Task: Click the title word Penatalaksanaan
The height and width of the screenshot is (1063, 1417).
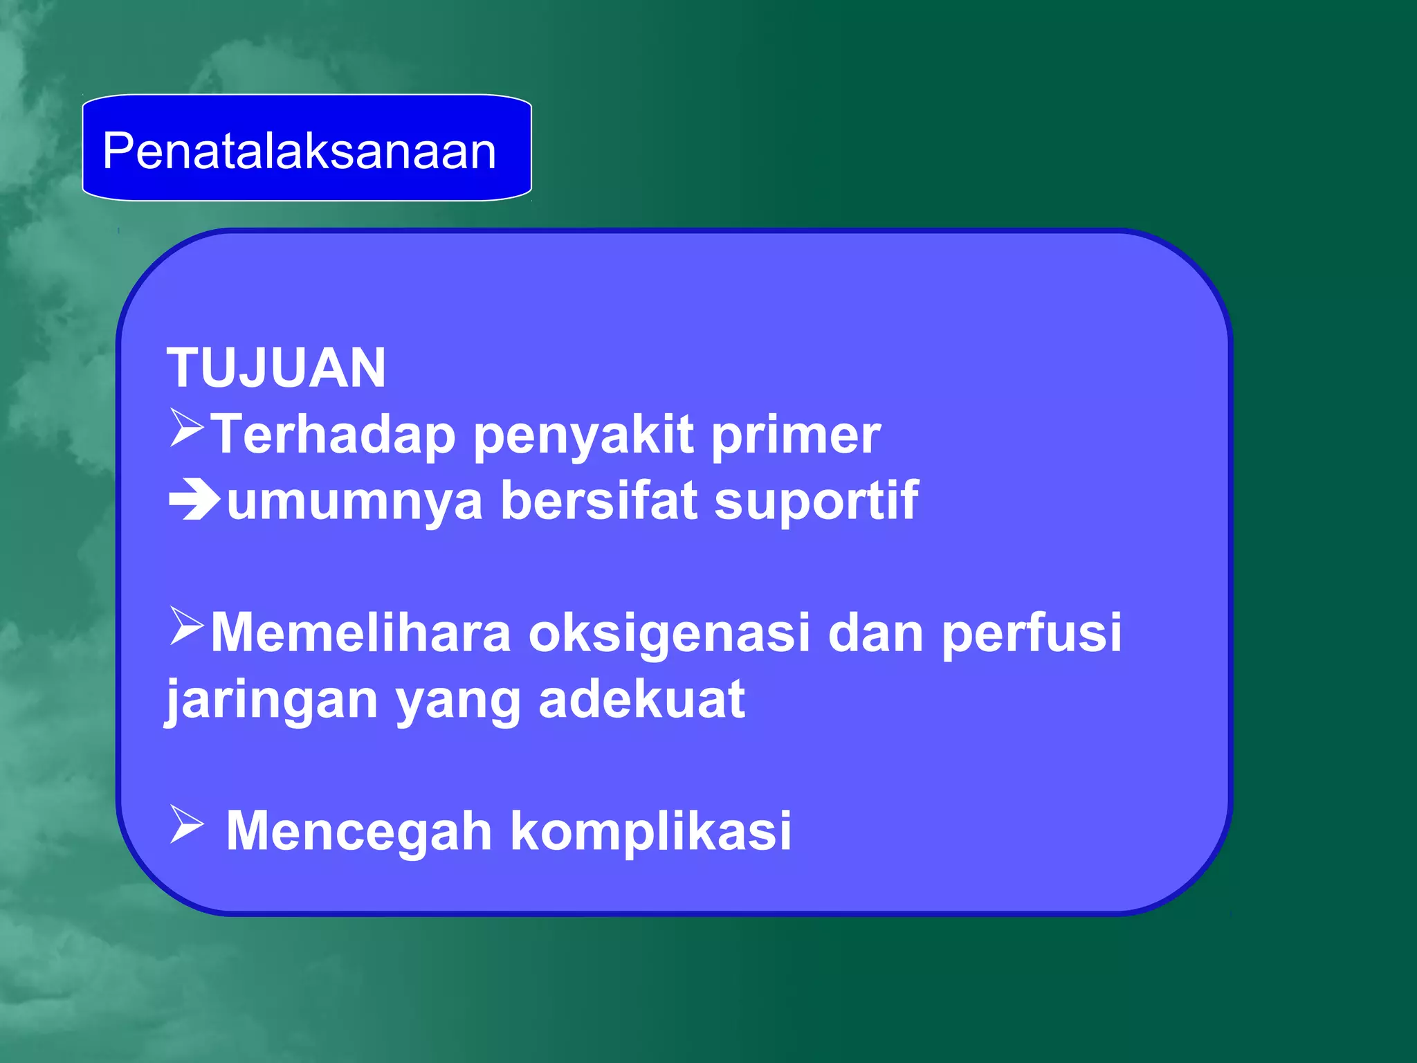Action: [x=299, y=151]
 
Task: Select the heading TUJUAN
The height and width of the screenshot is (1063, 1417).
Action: [x=276, y=367]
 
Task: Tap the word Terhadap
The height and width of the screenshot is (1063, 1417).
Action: [x=333, y=435]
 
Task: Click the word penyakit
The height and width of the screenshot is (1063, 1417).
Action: [x=583, y=436]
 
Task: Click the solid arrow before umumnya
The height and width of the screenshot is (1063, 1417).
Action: [x=194, y=500]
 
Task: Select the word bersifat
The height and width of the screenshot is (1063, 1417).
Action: [x=598, y=500]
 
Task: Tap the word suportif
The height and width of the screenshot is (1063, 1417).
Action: [x=816, y=500]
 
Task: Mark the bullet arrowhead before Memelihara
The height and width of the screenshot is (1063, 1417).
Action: [x=185, y=626]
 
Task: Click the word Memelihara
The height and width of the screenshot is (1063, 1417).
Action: [x=360, y=632]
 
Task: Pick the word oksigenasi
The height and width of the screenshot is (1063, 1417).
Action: [x=669, y=632]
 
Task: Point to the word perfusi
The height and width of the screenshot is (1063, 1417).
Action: [x=1031, y=632]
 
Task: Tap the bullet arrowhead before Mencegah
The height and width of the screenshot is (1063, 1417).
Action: [x=185, y=825]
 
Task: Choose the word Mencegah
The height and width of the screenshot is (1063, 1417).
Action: [x=359, y=831]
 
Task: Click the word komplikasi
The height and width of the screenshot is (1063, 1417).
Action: [x=650, y=831]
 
